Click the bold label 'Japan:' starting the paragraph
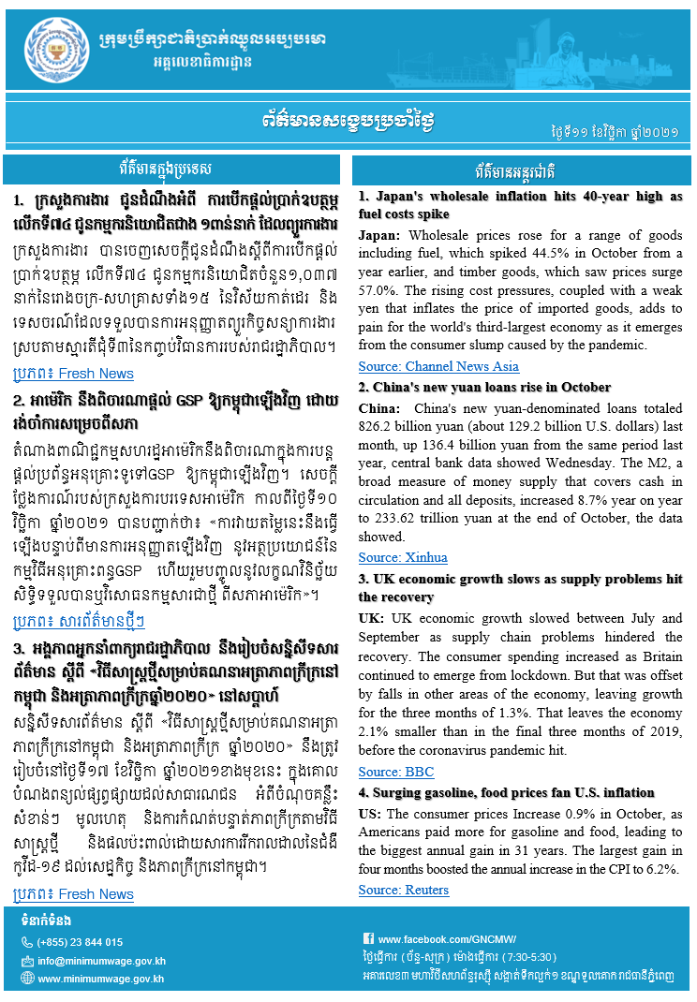380,235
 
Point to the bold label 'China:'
380,408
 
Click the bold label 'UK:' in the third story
371,618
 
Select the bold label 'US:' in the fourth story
370,814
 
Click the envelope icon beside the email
27,961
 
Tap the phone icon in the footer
27,942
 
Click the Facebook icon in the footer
368,939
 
